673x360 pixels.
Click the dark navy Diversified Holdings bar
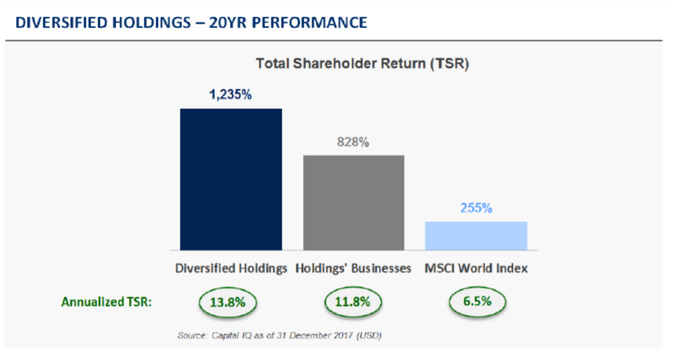point(231,179)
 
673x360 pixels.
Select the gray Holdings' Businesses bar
point(353,202)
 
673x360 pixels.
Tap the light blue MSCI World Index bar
point(476,235)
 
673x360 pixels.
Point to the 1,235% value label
point(230,94)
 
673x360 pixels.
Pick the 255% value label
point(476,208)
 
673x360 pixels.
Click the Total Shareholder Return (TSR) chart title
point(362,63)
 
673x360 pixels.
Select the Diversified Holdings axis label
point(231,268)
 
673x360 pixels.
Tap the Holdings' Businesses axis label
point(353,268)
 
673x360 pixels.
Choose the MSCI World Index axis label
point(476,268)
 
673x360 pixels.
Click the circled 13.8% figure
point(228,302)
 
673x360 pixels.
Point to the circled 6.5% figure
point(477,301)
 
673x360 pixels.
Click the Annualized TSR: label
point(107,302)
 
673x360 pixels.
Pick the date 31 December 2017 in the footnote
point(320,336)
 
